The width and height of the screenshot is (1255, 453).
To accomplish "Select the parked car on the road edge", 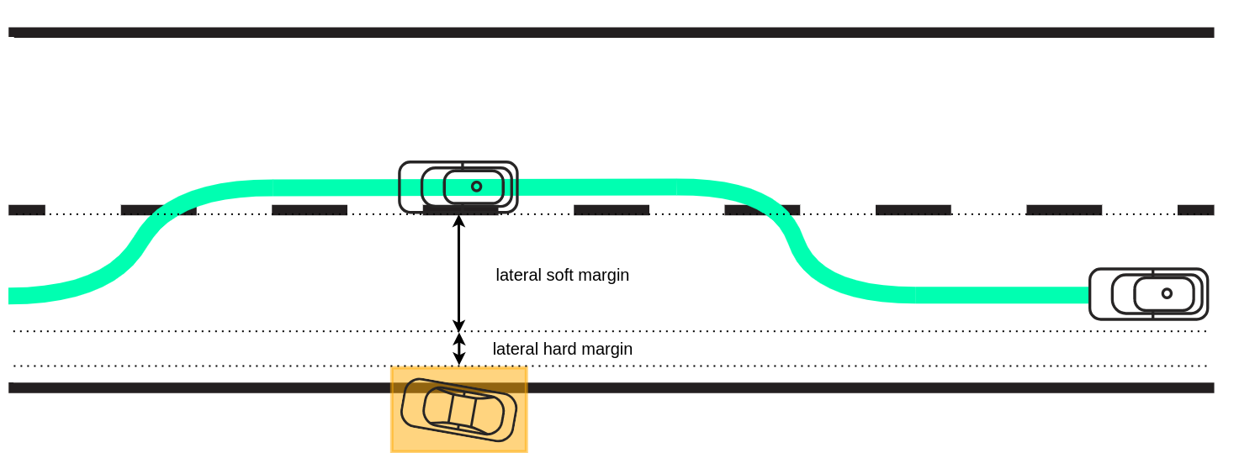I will point(458,409).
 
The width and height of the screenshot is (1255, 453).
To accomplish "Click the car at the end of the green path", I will point(1148,294).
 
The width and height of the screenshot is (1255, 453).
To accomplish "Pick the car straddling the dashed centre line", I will point(458,187).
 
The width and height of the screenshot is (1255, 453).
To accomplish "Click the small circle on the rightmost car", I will point(1167,293).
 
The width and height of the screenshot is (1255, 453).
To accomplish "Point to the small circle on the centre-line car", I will point(476,187).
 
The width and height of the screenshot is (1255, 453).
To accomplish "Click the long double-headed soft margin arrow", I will point(458,273).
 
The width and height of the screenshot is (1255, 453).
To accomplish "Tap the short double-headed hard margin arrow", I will point(458,349).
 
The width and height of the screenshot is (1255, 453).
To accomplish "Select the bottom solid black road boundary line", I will point(757,387).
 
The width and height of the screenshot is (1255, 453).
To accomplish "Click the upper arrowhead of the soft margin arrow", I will point(458,221).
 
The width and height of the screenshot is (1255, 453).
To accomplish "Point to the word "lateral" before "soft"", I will point(519,275).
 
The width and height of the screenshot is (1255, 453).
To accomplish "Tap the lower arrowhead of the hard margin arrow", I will point(458,360).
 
